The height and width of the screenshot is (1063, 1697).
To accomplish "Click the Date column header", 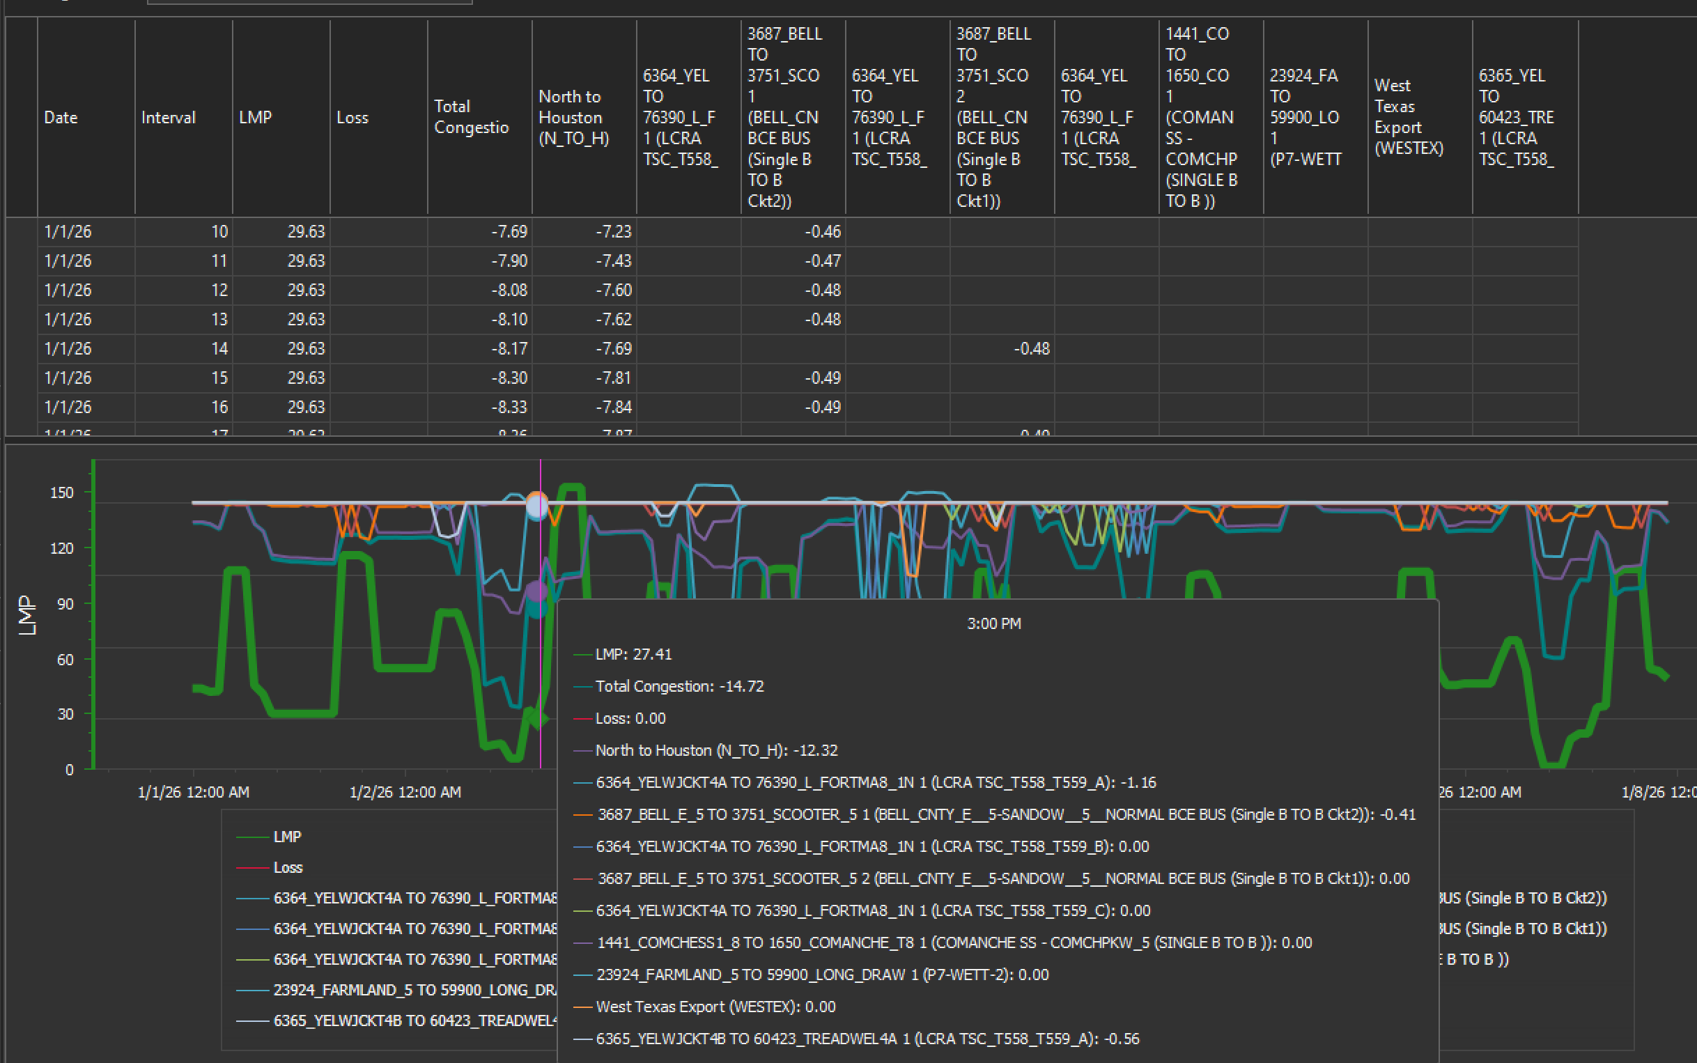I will [x=61, y=118].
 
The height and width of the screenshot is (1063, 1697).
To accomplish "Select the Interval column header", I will [x=168, y=118].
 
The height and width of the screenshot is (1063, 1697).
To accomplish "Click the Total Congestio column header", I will [x=471, y=117].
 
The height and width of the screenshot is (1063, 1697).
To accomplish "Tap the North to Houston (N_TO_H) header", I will [x=573, y=118].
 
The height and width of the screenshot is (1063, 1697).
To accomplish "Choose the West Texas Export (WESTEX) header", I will [x=1409, y=117].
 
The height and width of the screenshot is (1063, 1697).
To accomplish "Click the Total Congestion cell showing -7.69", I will [x=509, y=232].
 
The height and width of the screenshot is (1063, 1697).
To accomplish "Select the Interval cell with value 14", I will [x=219, y=349].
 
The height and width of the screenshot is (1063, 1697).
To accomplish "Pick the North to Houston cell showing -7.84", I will [x=613, y=407].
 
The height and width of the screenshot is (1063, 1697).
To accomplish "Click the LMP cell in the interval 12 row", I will [x=306, y=290].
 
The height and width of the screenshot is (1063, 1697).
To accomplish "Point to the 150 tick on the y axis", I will [x=62, y=492].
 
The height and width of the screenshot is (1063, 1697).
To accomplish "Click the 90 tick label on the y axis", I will [x=65, y=604].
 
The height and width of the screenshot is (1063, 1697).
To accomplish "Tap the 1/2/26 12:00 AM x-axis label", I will [x=405, y=792].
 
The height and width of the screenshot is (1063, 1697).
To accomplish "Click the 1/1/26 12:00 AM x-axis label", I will [x=194, y=792].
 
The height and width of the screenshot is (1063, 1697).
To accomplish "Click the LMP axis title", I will [x=26, y=615].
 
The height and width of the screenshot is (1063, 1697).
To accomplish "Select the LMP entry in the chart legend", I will [x=287, y=837].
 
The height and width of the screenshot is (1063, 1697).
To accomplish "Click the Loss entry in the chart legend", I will [x=288, y=867].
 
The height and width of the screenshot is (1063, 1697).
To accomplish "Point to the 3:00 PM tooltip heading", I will [x=994, y=623].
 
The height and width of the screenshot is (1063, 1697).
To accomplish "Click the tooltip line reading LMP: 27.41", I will [x=633, y=655].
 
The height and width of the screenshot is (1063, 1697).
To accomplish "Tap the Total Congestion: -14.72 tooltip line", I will [x=679, y=686].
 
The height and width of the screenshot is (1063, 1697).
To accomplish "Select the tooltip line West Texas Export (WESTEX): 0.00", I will [x=715, y=1007].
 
